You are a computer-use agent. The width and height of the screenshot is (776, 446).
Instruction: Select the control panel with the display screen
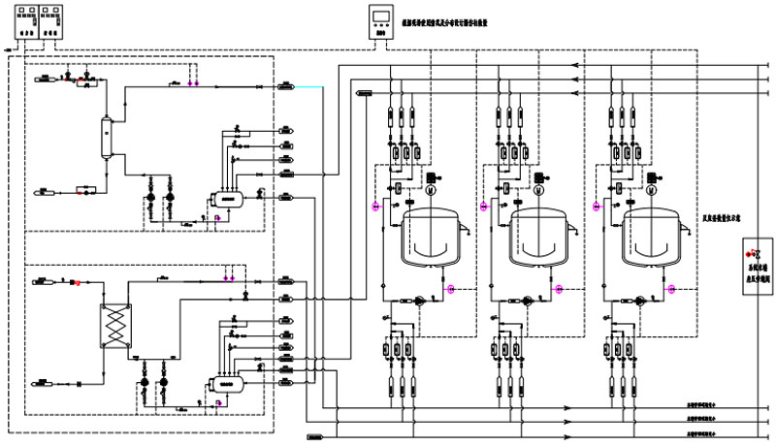click(382, 21)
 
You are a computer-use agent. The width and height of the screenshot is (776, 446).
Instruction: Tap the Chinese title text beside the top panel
click(455, 19)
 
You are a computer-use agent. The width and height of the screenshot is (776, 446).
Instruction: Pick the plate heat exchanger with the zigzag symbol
click(115, 322)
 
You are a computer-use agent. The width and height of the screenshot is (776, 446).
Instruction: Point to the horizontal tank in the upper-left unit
click(229, 197)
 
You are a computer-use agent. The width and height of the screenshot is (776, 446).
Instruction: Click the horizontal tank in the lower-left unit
click(229, 382)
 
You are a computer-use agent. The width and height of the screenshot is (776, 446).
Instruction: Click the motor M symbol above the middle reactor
click(534, 190)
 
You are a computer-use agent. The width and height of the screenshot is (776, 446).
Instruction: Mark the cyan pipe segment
click(310, 87)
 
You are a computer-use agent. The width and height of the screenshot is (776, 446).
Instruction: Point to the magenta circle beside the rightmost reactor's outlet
click(669, 288)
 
